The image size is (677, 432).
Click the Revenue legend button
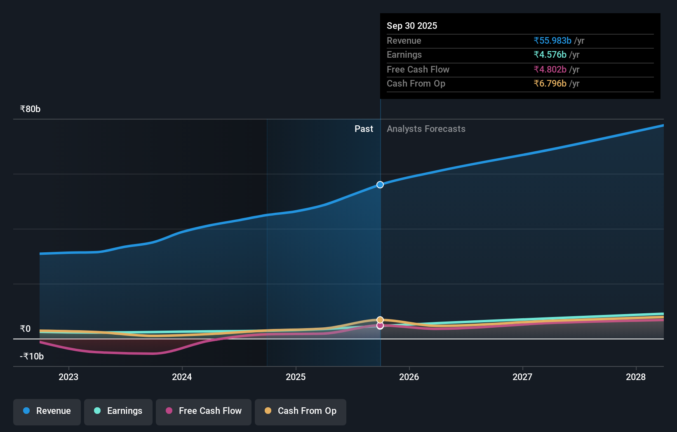tap(47, 411)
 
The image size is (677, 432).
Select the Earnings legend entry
tap(118, 411)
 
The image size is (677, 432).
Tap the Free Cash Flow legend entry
tap(204, 411)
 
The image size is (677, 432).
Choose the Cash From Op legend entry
tap(301, 411)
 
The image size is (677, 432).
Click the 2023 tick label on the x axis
tap(68, 377)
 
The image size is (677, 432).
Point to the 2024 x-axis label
tap(182, 377)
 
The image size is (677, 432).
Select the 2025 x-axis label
tap(296, 377)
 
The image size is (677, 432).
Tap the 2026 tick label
tap(409, 377)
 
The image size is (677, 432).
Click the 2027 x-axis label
tap(522, 377)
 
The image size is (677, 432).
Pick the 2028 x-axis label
tap(636, 377)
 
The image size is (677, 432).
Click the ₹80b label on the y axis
tap(30, 109)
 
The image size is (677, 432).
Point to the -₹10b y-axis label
tap(32, 356)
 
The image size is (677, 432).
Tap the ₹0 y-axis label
tap(25, 329)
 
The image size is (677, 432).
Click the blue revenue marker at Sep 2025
tap(380, 185)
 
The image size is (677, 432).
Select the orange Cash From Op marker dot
tap(380, 320)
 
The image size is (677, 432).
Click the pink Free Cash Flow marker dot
tap(380, 326)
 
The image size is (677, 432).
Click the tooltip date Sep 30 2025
tap(412, 26)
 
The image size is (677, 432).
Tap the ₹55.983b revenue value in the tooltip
tap(552, 40)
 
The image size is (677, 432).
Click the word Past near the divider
tap(364, 129)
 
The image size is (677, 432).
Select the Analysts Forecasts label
tap(426, 129)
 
